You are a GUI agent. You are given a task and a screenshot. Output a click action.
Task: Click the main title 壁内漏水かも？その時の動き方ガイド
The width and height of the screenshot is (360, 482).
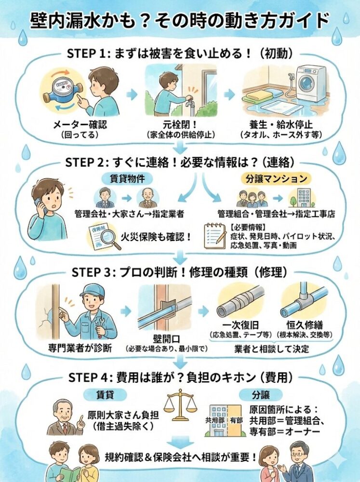coord(180,21)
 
